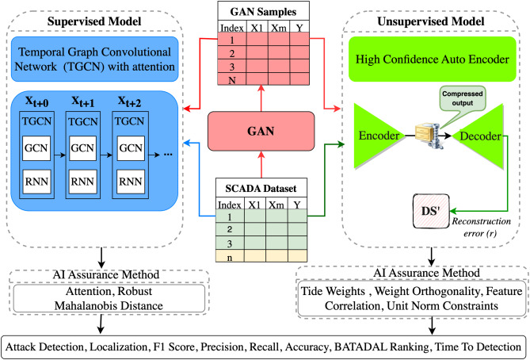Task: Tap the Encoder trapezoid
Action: pyautogui.click(x=378, y=136)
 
